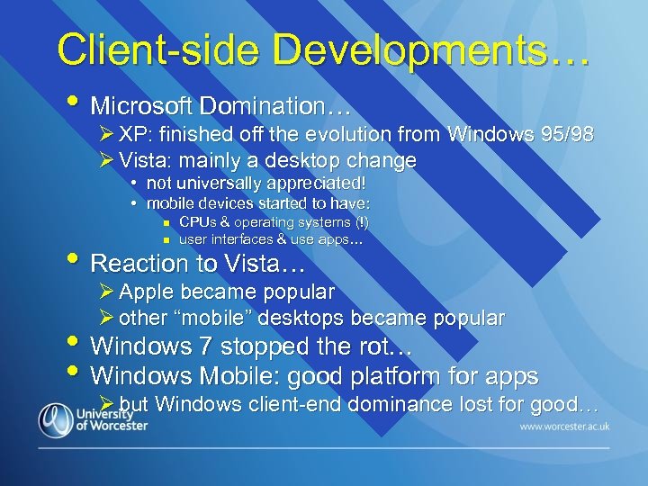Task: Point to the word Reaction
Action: [137, 265]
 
